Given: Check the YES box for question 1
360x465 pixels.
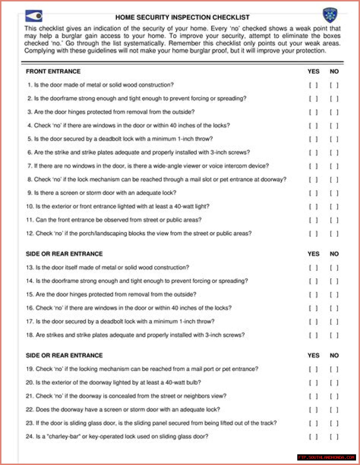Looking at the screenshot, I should pyautogui.click(x=313, y=85).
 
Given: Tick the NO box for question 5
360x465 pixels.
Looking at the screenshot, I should pyautogui.click(x=334, y=139).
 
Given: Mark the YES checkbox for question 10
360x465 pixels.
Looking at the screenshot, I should pyautogui.click(x=313, y=207).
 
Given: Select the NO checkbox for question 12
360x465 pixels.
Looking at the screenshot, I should pyautogui.click(x=334, y=234).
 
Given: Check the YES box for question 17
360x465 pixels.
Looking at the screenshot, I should pyautogui.click(x=313, y=322).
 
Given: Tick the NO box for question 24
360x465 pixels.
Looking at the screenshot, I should pyautogui.click(x=334, y=437).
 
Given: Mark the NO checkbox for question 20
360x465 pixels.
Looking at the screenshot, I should pyautogui.click(x=334, y=383).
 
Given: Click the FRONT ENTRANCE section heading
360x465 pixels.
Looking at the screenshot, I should pyautogui.click(x=53, y=71).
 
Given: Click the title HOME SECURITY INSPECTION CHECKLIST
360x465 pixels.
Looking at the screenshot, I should pyautogui.click(x=182, y=17).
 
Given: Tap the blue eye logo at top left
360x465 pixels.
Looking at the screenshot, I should pyautogui.click(x=34, y=16).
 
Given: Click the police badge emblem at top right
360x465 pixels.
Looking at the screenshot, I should pyautogui.click(x=330, y=15).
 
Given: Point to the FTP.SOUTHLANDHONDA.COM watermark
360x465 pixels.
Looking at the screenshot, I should pyautogui.click(x=326, y=457).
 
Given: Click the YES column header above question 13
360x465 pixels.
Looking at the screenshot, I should pyautogui.click(x=313, y=254).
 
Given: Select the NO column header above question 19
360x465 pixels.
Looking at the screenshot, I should pyautogui.click(x=334, y=355).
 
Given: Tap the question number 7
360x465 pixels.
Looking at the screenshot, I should pyautogui.click(x=30, y=166).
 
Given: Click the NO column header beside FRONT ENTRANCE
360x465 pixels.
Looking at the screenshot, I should pyautogui.click(x=334, y=71).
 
